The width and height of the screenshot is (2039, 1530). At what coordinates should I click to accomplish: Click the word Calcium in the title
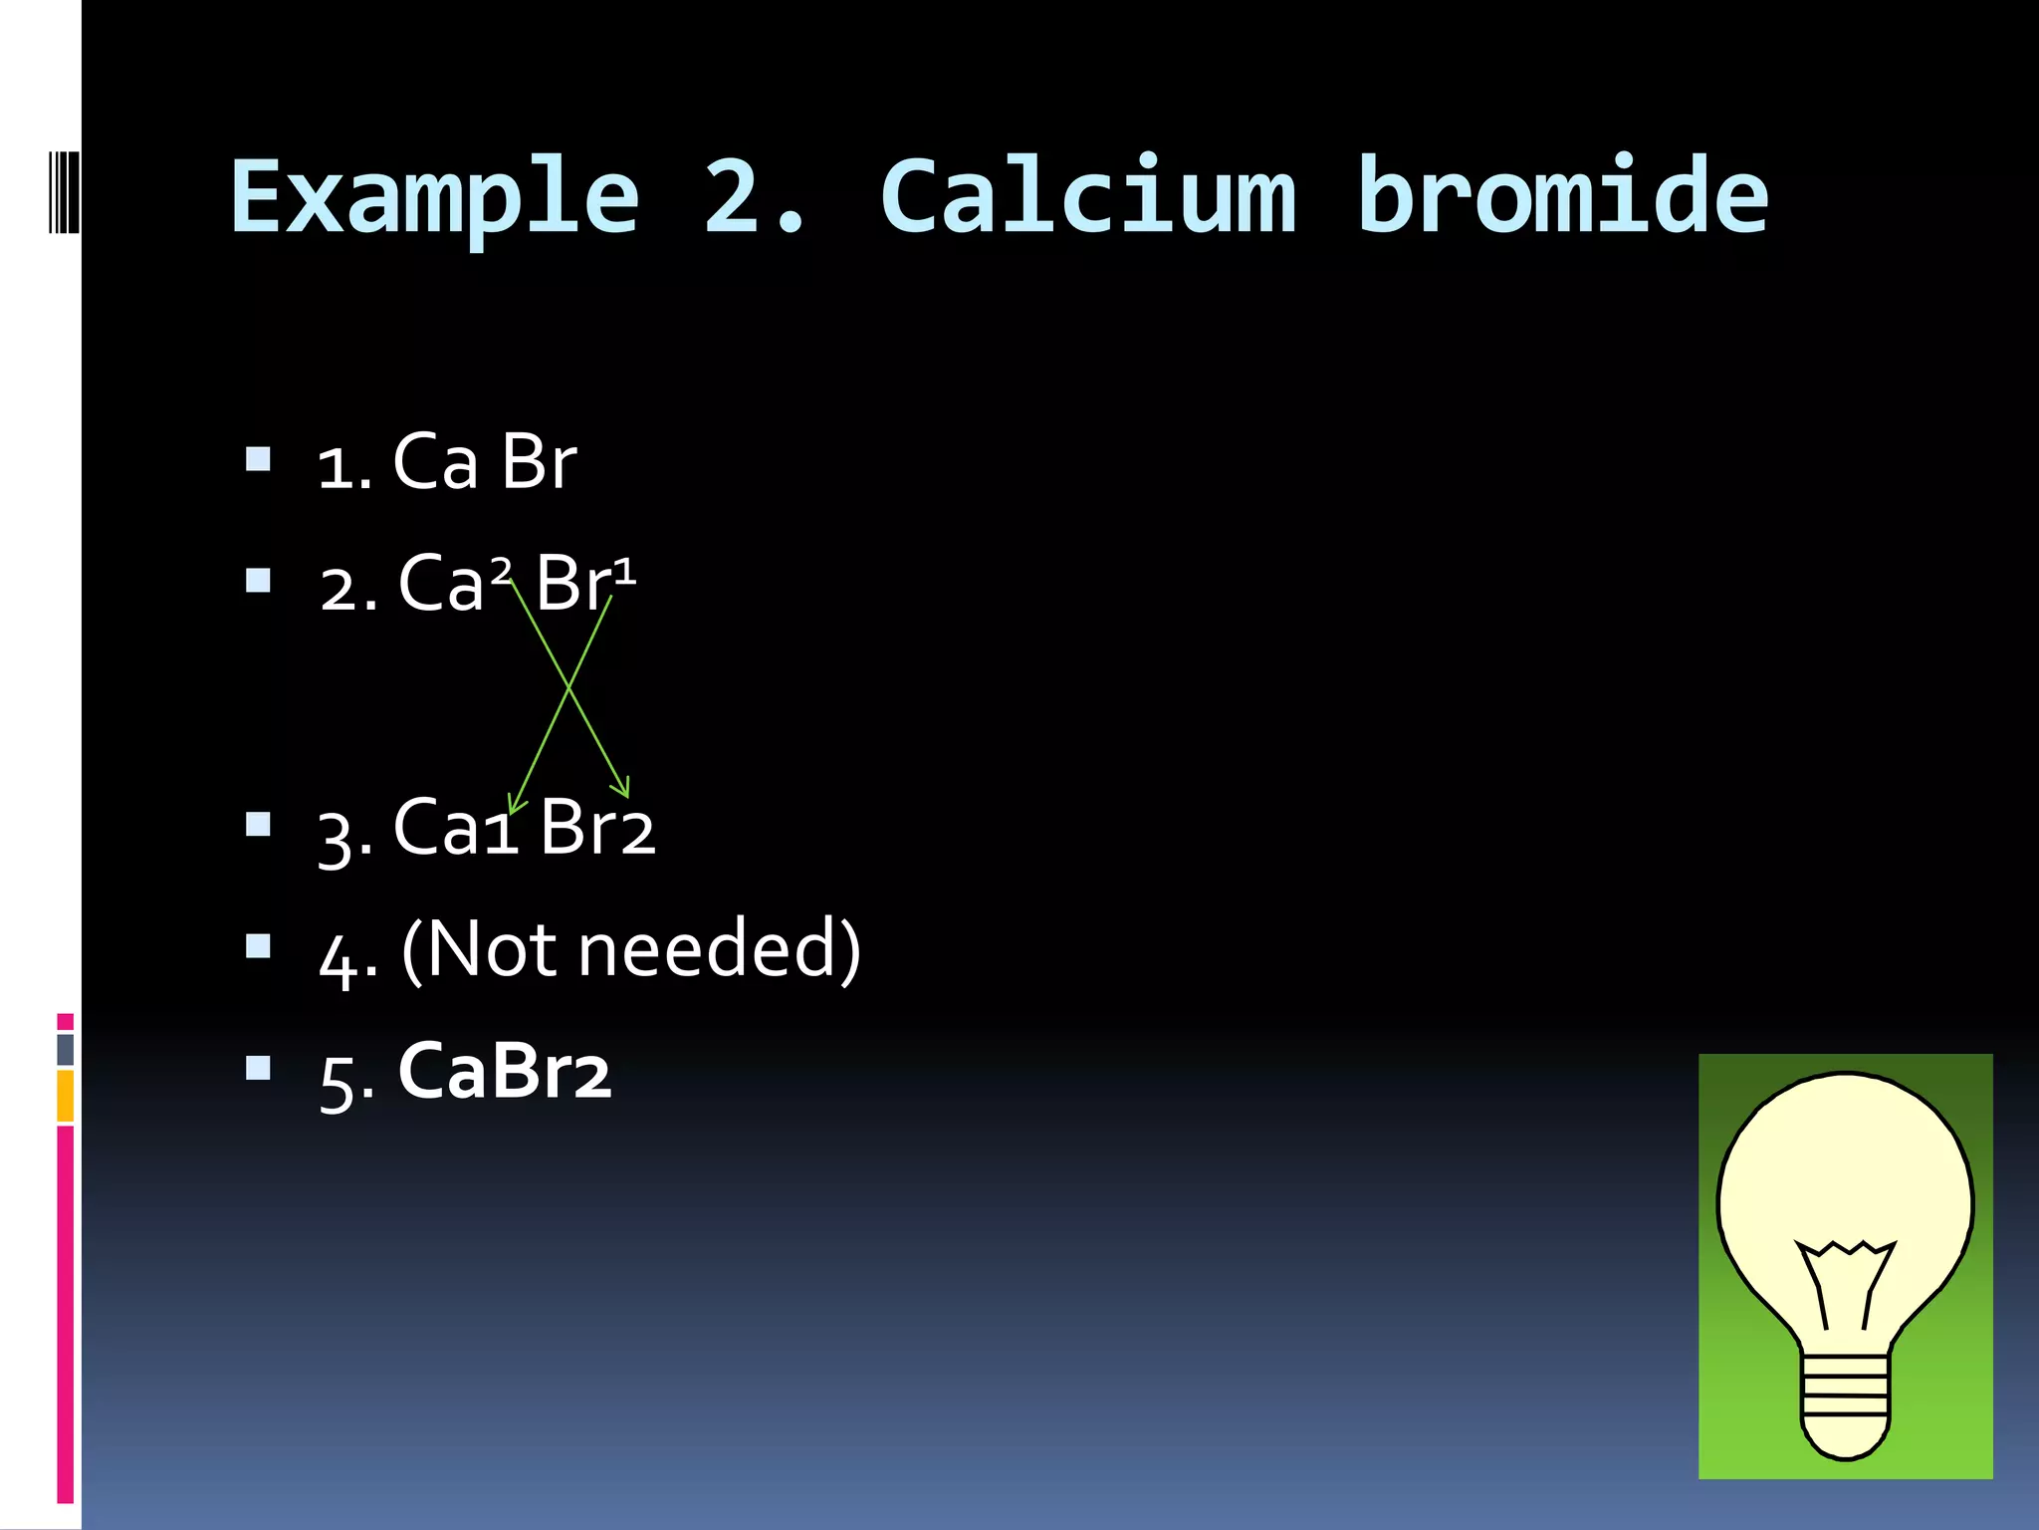[x=1088, y=197]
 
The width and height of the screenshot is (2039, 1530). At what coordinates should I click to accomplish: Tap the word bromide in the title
[x=1562, y=197]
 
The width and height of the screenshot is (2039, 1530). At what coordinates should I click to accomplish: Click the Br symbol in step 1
[x=538, y=462]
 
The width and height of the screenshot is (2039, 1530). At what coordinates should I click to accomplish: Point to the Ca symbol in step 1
[x=435, y=462]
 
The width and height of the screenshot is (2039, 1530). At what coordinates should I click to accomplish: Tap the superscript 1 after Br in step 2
[x=624, y=572]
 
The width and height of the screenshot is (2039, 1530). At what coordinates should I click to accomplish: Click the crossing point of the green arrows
[x=568, y=686]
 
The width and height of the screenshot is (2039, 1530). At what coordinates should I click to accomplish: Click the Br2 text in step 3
[x=596, y=828]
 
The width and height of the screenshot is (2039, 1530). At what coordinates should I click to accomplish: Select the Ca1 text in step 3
[x=456, y=828]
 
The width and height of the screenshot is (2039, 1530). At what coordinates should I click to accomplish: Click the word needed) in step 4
[x=719, y=949]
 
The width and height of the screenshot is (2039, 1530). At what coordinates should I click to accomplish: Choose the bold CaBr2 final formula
[x=504, y=1072]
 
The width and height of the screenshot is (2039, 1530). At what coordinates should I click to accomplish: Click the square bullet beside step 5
[x=258, y=1068]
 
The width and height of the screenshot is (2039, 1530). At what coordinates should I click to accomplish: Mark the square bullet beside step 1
[x=258, y=459]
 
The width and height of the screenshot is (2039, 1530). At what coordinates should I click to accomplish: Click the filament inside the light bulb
[x=1845, y=1280]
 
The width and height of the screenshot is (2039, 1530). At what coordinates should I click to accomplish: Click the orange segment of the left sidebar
[x=66, y=1095]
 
